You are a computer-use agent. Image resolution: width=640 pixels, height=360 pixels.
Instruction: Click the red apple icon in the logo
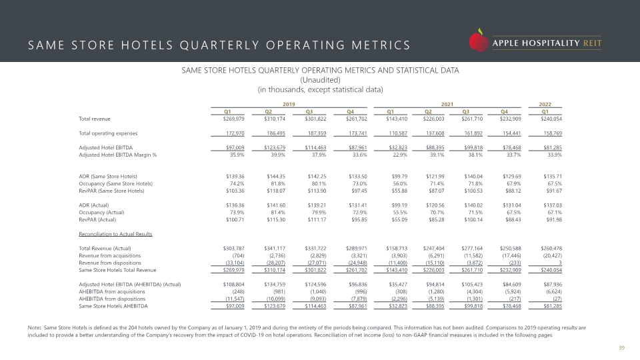click(479, 41)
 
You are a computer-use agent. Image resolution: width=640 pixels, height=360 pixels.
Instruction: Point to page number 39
click(621, 348)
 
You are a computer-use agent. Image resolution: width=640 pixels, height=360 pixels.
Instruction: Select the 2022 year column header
click(545, 105)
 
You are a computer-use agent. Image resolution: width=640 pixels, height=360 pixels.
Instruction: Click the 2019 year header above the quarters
click(289, 105)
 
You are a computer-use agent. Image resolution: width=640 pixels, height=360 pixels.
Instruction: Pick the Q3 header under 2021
click(466, 111)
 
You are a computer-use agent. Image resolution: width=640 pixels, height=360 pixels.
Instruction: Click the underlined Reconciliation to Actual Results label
click(115, 234)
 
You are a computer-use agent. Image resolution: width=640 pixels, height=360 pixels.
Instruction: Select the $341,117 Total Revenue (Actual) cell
click(275, 248)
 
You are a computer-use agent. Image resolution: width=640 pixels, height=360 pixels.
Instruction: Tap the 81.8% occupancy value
click(279, 184)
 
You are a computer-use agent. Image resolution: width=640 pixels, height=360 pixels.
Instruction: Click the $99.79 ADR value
click(399, 176)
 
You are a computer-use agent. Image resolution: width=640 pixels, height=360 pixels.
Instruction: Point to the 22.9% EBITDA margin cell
click(400, 155)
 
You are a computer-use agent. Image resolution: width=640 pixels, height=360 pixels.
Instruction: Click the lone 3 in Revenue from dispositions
click(561, 263)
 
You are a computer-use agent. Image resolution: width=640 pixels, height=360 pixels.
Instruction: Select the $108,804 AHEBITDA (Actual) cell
click(233, 285)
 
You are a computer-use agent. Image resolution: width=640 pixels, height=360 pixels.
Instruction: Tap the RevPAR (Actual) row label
click(97, 219)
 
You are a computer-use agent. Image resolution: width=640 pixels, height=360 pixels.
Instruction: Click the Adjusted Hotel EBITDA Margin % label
click(117, 155)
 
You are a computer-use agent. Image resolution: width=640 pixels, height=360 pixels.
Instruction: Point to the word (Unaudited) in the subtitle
click(320, 80)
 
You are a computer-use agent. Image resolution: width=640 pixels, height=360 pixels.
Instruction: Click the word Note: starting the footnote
click(34, 327)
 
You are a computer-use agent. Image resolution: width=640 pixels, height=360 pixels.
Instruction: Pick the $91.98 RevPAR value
click(554, 219)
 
